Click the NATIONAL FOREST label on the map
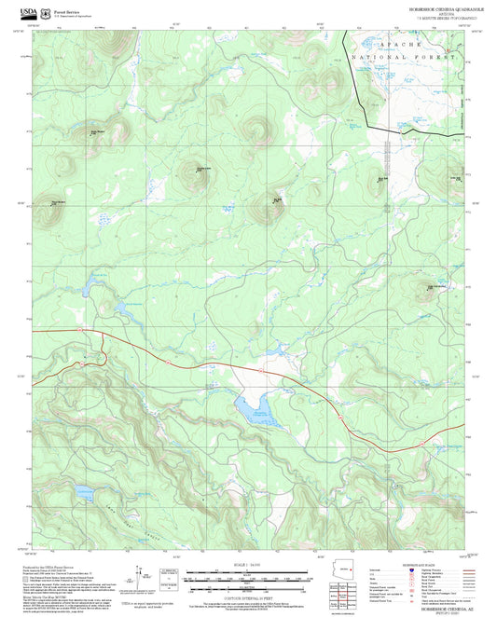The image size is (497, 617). click(405, 58)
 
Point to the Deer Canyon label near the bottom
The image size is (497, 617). click(112, 526)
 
